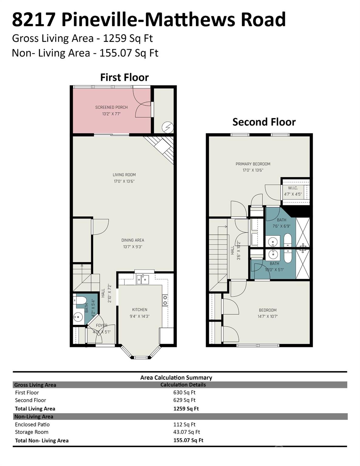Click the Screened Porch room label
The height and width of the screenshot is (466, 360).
(x=111, y=107)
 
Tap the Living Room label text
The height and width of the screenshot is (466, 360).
(x=124, y=175)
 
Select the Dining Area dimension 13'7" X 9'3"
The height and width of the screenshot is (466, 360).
(x=133, y=247)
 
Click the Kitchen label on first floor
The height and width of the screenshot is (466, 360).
(x=140, y=310)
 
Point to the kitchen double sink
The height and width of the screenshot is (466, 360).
(x=142, y=279)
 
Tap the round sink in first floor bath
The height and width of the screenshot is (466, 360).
(x=78, y=317)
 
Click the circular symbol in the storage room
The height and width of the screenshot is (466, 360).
(x=167, y=127)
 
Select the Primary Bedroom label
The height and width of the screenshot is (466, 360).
(x=253, y=164)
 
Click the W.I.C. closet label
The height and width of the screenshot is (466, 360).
(x=293, y=188)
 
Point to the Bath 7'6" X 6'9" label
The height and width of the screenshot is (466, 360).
(x=281, y=223)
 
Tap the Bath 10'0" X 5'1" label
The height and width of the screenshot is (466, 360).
(x=274, y=267)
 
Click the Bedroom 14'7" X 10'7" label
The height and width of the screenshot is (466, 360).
(x=268, y=313)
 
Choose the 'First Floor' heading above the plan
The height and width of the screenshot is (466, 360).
(x=124, y=78)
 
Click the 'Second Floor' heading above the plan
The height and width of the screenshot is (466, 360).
(x=264, y=122)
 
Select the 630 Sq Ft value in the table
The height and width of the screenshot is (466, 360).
(x=184, y=393)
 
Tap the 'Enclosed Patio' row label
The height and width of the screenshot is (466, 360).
(x=32, y=424)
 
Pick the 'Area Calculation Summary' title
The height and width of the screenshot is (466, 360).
(x=176, y=378)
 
